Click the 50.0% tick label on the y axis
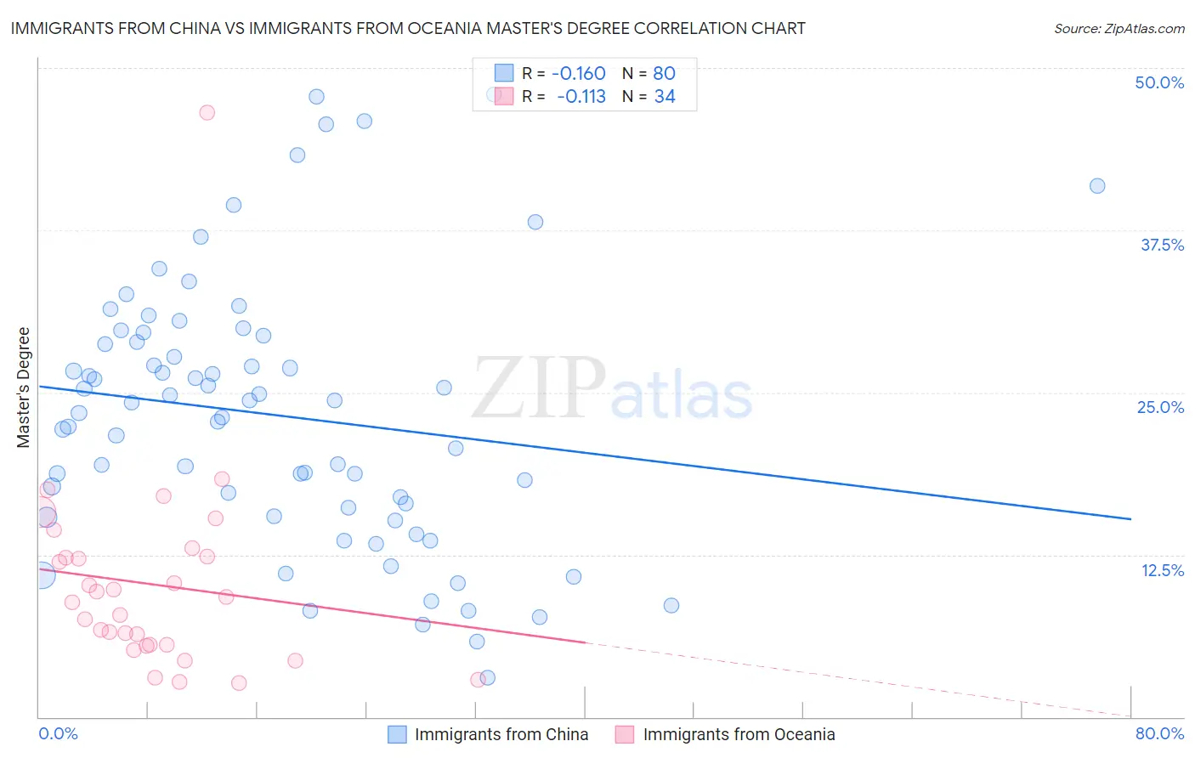(1159, 82)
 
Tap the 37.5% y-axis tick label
(1162, 245)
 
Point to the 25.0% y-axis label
(1160, 407)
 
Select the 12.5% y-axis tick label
(1162, 570)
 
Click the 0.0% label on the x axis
(58, 733)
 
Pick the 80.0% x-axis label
(1159, 733)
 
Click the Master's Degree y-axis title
(23, 387)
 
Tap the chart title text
(408, 28)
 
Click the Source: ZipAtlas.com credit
(1119, 28)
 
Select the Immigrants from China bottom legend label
(501, 734)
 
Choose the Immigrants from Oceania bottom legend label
(739, 734)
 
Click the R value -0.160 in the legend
(578, 74)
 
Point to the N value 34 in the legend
(665, 97)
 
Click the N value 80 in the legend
(664, 74)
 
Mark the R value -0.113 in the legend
(581, 97)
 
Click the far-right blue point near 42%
(1097, 186)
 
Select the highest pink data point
(207, 112)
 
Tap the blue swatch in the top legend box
(504, 73)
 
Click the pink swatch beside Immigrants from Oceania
(625, 734)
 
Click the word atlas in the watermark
(682, 396)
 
